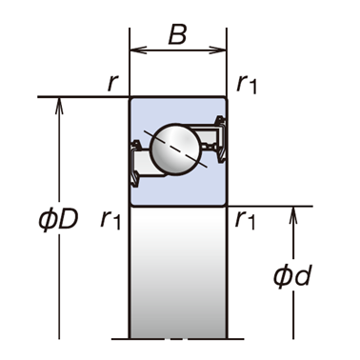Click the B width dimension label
[x=177, y=34]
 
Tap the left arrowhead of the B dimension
[x=138, y=50]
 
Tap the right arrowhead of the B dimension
[x=218, y=50]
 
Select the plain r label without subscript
[x=112, y=84]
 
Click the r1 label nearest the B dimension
[x=247, y=85]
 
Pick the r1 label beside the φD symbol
[x=110, y=219]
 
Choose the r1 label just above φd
[x=245, y=220]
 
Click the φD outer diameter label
[x=58, y=220]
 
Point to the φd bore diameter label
[x=291, y=275]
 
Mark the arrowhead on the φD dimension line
[x=59, y=106]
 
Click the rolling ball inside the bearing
[x=176, y=150]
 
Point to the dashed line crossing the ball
[x=175, y=149]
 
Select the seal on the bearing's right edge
[x=221, y=140]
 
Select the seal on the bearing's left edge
[x=135, y=164]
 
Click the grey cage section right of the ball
[x=207, y=135]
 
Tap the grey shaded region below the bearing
[x=178, y=272]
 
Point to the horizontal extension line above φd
[x=270, y=207]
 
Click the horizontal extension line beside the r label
[x=83, y=96]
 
